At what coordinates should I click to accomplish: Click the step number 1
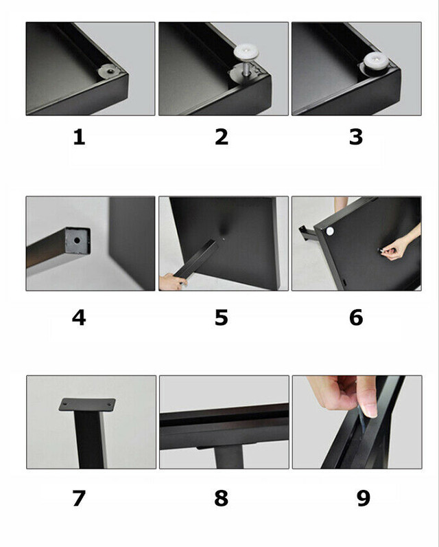click(79, 137)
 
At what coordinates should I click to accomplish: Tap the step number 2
click(222, 137)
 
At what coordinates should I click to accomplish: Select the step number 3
click(356, 137)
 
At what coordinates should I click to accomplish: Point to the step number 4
click(79, 317)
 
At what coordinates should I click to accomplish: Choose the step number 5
click(222, 317)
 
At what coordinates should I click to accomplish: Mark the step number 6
click(356, 317)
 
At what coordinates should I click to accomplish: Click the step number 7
click(79, 498)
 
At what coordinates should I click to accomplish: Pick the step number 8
click(222, 498)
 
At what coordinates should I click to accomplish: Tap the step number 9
click(363, 498)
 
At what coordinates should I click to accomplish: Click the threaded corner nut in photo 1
click(110, 71)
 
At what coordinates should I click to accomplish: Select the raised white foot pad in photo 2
click(246, 52)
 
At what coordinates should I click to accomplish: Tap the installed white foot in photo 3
click(377, 60)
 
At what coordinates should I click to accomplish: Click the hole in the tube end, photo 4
click(77, 241)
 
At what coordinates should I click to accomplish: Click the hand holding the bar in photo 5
click(171, 281)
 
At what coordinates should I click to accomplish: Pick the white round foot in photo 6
click(329, 230)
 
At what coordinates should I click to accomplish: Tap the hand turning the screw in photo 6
click(401, 244)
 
